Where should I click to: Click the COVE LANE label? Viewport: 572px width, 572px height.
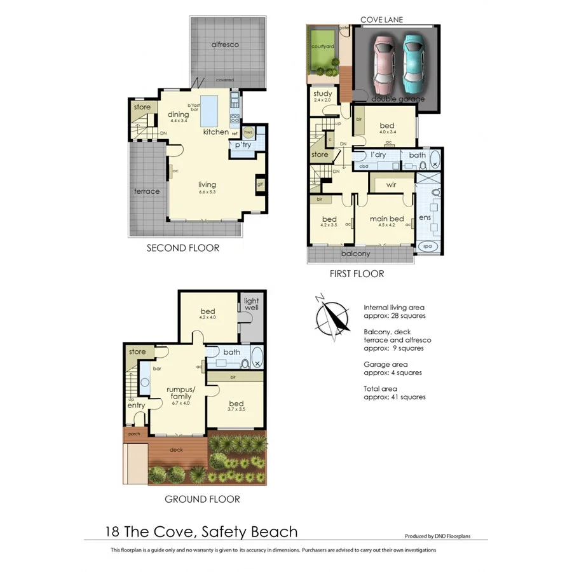(381, 20)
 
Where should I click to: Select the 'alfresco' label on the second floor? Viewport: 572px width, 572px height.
(225, 44)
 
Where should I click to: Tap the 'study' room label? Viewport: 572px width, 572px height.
(323, 94)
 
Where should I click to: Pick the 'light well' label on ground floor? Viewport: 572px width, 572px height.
(252, 303)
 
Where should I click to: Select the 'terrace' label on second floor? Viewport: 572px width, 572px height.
(146, 191)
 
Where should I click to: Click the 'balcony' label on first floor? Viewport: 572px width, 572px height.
(355, 254)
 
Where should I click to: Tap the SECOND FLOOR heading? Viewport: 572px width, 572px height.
(182, 248)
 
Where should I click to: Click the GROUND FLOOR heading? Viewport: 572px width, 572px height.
(202, 499)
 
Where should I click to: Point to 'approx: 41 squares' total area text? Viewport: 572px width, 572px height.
(394, 397)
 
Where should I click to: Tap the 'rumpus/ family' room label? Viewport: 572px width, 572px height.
(178, 393)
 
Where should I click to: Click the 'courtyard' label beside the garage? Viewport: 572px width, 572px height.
(323, 46)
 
